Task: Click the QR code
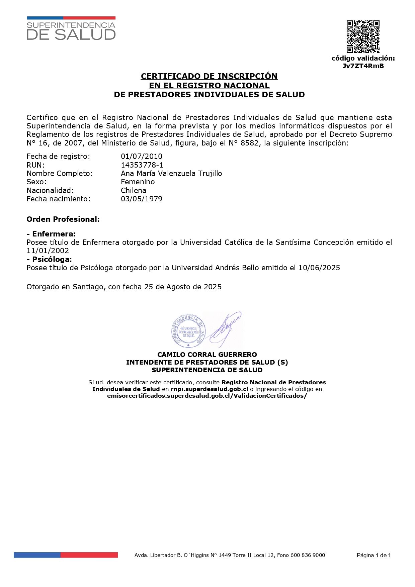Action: click(x=363, y=36)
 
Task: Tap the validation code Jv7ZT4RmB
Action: click(x=363, y=66)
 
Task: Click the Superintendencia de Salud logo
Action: click(x=71, y=29)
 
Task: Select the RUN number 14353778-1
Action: click(x=142, y=165)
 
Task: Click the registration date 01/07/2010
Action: click(x=142, y=156)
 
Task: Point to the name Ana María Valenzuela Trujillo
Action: click(x=171, y=173)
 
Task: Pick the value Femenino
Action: click(x=138, y=182)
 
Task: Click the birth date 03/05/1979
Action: click(x=142, y=199)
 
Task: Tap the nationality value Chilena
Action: click(x=134, y=190)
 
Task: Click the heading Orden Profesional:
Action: click(x=63, y=219)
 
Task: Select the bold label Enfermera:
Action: click(x=54, y=234)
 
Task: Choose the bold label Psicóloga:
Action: click(x=52, y=259)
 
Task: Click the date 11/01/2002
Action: click(x=48, y=251)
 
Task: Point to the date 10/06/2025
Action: click(x=319, y=268)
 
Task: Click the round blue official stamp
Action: click(x=188, y=331)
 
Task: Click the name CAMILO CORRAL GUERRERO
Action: click(x=207, y=355)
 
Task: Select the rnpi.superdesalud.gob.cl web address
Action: click(x=209, y=389)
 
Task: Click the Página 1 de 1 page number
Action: click(x=373, y=555)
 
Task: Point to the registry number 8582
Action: click(x=249, y=143)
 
